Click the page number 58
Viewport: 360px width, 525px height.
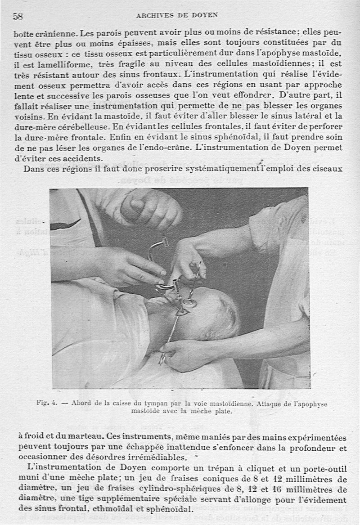point(18,17)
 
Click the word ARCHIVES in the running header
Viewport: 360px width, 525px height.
point(154,15)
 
